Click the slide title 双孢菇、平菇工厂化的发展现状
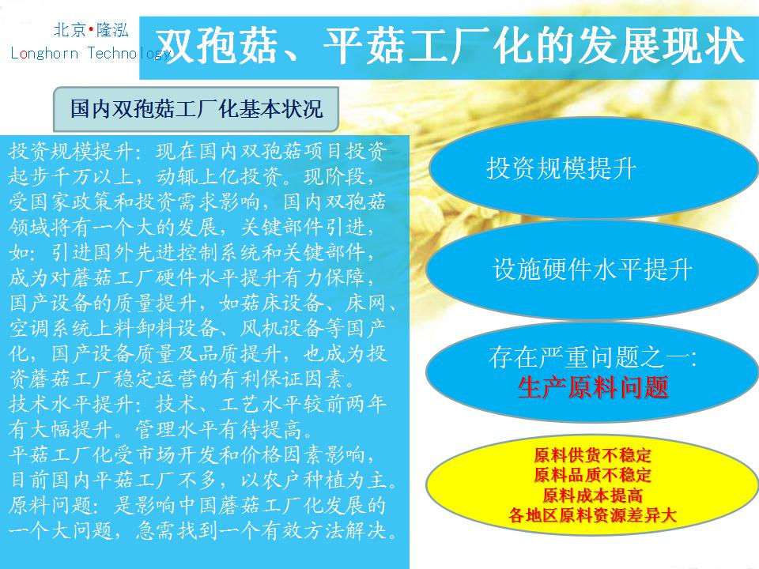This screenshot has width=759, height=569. coord(450,47)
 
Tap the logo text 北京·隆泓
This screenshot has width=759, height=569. coord(91,30)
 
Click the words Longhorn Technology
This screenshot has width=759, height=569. coord(90,52)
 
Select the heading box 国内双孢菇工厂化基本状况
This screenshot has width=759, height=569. coord(195,109)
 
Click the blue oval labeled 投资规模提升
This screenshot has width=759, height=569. coord(592,168)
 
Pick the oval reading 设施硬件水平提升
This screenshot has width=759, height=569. coord(592,269)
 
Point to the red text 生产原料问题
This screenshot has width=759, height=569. coord(593,388)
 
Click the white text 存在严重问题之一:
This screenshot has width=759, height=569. coord(593,357)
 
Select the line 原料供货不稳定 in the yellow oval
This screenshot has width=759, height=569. coord(592,455)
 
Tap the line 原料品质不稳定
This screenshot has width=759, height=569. coord(592,475)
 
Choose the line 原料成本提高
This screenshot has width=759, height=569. coord(592,495)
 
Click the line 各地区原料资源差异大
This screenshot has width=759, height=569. coord(592,515)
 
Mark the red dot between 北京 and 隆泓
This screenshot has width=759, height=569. coord(91,31)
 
